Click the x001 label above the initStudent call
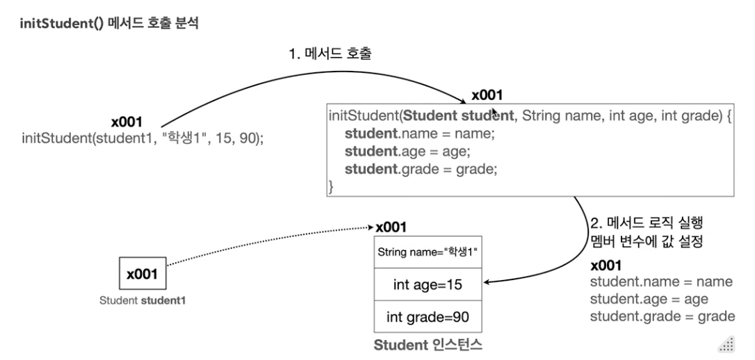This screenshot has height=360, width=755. pyautogui.click(x=127, y=122)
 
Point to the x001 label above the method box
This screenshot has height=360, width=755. pyautogui.click(x=487, y=96)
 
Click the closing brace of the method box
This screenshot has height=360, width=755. pyautogui.click(x=332, y=186)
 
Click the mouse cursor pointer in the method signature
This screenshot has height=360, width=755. pyautogui.click(x=495, y=113)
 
